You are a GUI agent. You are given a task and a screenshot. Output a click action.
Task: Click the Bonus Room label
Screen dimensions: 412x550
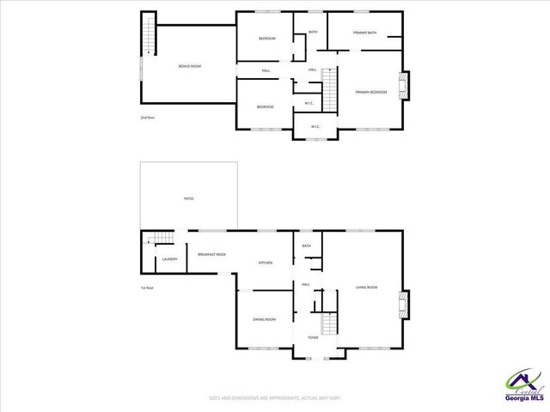(189, 66)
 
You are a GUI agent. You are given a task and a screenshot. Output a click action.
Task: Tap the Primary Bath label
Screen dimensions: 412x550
(364, 33)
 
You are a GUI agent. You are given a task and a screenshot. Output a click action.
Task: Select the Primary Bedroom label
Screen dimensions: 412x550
(371, 91)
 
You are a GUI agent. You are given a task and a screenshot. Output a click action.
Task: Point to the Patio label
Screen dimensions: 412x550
(188, 198)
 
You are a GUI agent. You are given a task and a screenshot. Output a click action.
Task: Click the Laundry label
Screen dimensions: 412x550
(169, 257)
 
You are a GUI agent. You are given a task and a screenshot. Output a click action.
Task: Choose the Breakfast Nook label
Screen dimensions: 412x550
(211, 254)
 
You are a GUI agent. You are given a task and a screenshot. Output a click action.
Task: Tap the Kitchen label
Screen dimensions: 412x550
(266, 262)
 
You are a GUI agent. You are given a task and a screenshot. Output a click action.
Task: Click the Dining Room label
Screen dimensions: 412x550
(264, 319)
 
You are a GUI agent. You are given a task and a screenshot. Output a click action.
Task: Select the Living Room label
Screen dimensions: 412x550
(366, 288)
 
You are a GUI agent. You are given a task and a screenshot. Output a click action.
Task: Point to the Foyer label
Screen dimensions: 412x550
(313, 337)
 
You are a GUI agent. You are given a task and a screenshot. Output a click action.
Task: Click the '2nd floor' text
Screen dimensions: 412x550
(147, 118)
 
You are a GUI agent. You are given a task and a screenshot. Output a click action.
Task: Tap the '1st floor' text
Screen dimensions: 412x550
(147, 288)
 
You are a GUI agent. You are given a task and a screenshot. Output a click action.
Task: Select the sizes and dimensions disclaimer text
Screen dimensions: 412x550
(275, 398)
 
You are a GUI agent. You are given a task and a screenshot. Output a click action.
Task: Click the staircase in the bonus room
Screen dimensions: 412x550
(149, 34)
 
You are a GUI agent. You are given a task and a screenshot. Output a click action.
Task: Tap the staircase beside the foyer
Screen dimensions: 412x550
(327, 323)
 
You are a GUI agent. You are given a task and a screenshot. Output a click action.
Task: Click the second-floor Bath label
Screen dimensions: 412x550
(313, 32)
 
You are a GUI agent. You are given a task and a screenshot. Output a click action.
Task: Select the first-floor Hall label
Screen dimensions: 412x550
(305, 284)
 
